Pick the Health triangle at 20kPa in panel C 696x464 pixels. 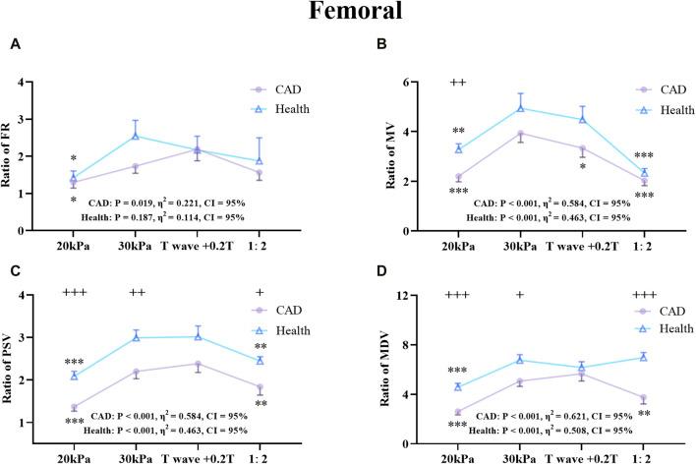pos(75,376)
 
